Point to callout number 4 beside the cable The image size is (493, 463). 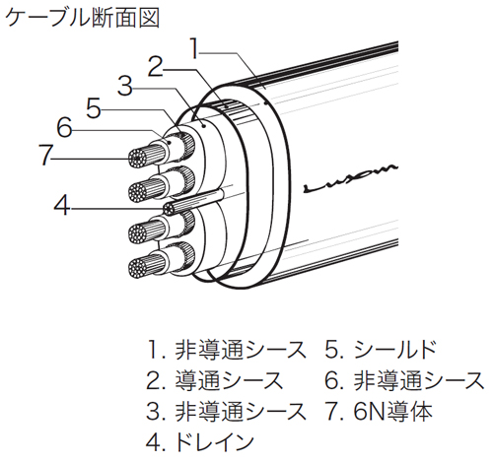[x=62, y=208]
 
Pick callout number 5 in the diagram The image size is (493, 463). [x=94, y=108]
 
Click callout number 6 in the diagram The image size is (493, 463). [x=64, y=130]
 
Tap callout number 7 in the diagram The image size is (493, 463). [x=44, y=155]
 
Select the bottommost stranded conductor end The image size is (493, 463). [x=144, y=265]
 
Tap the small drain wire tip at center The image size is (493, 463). [x=170, y=208]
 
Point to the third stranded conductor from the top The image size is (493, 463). [x=145, y=232]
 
